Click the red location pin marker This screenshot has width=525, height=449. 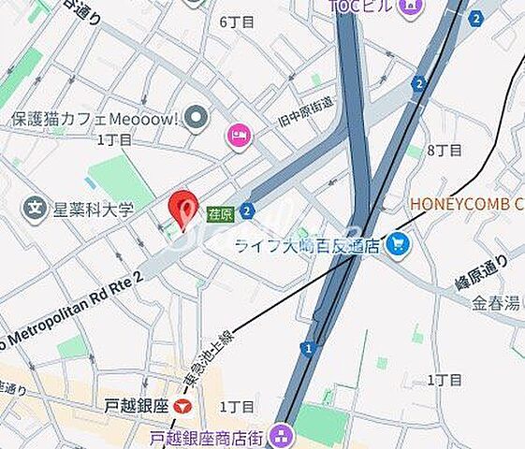tap(182, 208)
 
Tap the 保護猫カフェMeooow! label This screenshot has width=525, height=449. tap(94, 119)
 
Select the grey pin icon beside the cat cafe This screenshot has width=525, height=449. tap(196, 118)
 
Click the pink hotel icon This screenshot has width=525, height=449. tap(239, 137)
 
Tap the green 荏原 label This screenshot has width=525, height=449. tap(220, 212)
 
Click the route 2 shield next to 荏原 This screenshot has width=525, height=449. tap(246, 211)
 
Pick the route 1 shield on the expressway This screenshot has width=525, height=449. tap(307, 348)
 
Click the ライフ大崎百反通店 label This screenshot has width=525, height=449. tap(307, 245)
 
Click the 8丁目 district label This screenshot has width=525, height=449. tap(444, 150)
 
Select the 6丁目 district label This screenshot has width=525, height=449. tap(237, 22)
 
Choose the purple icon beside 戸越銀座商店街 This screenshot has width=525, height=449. tap(280, 435)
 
